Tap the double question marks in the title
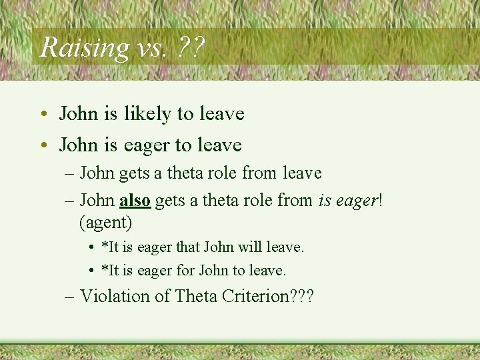[192, 47]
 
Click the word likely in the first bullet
[147, 114]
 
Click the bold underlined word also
[135, 199]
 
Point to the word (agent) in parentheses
[106, 220]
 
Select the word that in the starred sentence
[191, 247]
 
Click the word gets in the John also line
[171, 199]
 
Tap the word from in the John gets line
[260, 173]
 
